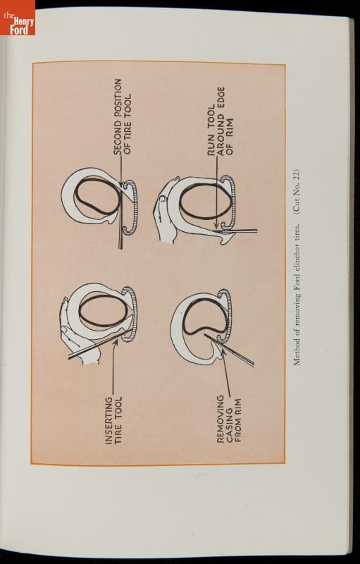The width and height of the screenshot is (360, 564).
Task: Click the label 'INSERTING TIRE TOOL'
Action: click(113, 420)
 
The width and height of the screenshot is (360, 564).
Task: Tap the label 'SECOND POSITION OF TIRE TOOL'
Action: click(122, 117)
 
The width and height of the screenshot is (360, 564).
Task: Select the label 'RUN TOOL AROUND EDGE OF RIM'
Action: click(221, 121)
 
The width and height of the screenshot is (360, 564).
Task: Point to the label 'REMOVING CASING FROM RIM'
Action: click(229, 419)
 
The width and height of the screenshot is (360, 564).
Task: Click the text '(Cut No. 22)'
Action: click(297, 190)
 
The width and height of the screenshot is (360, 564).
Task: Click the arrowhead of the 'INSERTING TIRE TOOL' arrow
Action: click(116, 342)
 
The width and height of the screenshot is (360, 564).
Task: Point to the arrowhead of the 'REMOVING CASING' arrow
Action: click(223, 351)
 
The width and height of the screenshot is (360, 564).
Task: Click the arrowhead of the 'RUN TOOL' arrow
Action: click(216, 226)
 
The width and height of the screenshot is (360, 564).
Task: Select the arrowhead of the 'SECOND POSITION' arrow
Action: click(120, 184)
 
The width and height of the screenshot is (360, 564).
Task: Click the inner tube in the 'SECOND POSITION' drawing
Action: click(97, 196)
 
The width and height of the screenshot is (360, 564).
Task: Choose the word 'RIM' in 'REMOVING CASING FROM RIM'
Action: click(238, 404)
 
